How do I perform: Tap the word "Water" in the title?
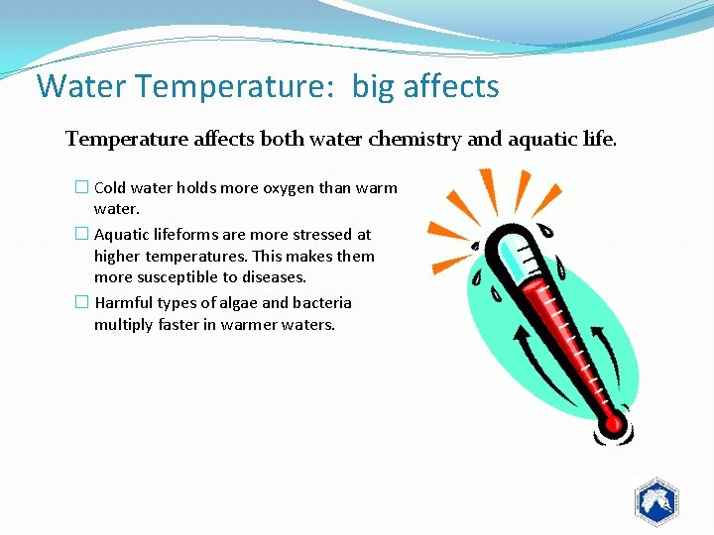[x=83, y=86]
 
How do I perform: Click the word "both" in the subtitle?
[x=283, y=139]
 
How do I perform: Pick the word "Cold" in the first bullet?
[x=110, y=187]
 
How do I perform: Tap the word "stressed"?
[x=322, y=235]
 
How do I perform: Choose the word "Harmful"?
[x=125, y=303]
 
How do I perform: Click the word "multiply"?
[x=123, y=325]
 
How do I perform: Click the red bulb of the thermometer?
[x=613, y=424]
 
